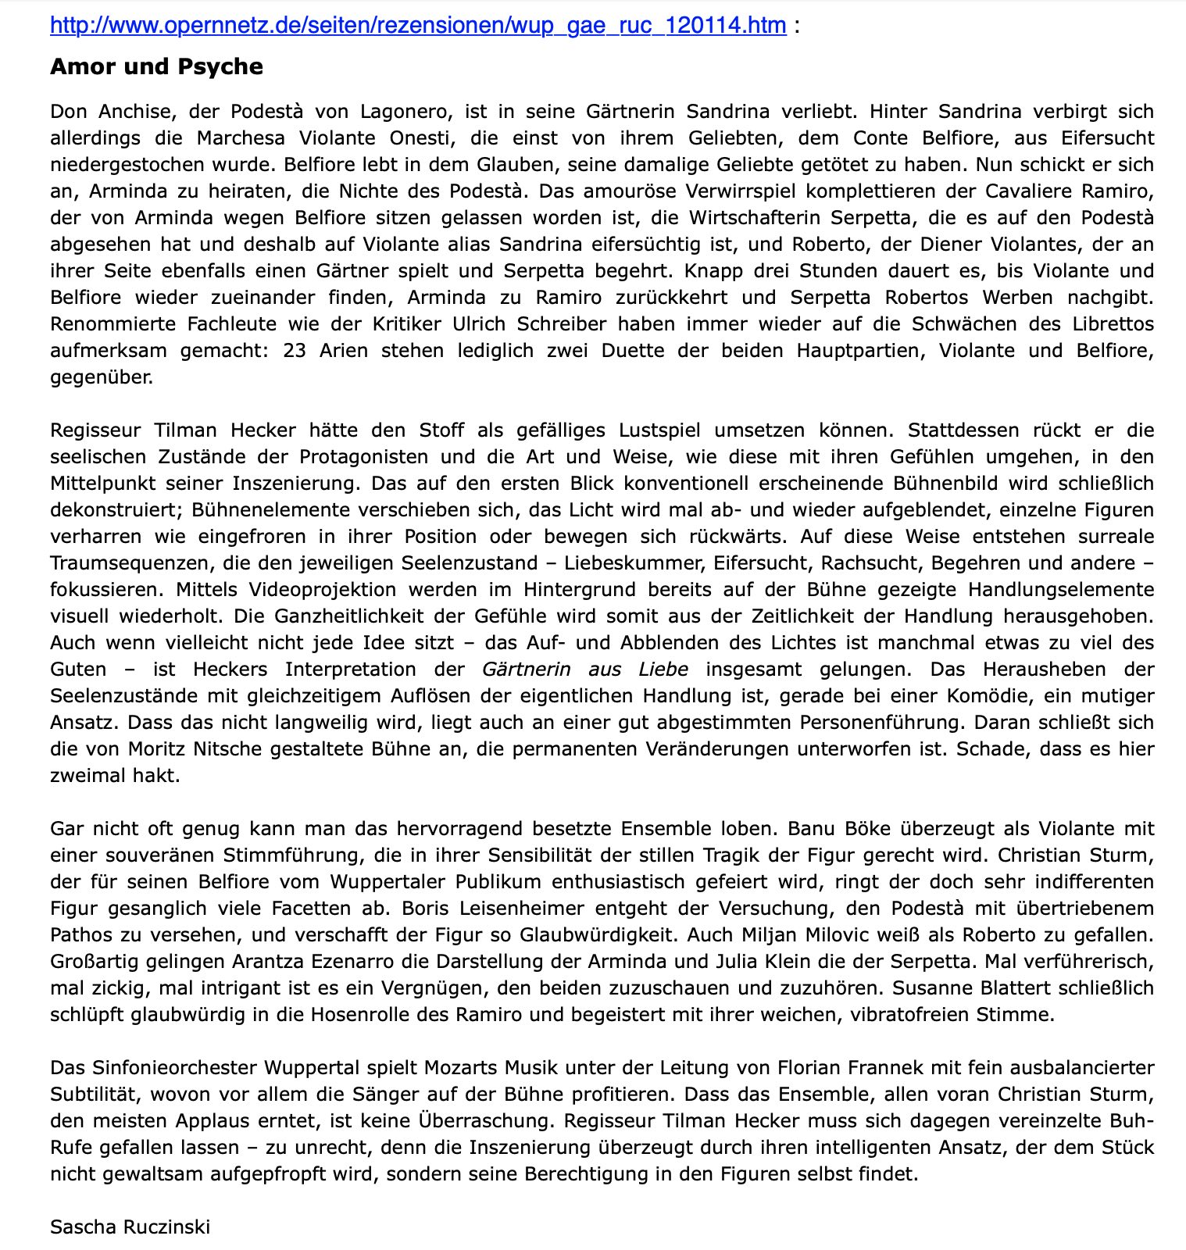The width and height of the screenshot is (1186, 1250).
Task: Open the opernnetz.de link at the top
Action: (418, 26)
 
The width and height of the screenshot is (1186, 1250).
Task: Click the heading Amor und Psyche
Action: (156, 67)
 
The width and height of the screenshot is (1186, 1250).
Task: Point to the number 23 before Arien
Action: (295, 351)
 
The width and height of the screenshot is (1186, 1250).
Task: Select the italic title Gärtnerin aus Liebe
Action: (585, 670)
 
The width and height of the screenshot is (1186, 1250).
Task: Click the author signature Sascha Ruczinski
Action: (130, 1227)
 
